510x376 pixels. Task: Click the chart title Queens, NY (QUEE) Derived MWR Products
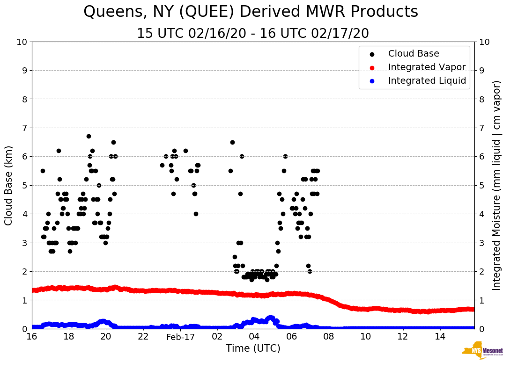[251, 12]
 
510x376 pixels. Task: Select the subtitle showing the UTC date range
[253, 34]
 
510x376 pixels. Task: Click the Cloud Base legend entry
[414, 54]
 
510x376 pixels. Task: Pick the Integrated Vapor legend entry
[427, 67]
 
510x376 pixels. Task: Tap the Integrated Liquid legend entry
[427, 81]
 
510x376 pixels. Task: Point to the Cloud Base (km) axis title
[9, 185]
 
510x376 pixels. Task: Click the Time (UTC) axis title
[253, 348]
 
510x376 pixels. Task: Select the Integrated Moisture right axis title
[497, 185]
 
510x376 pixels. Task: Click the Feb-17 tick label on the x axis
[180, 337]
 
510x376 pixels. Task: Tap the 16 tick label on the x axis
[32, 337]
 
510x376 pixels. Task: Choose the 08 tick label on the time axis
[329, 337]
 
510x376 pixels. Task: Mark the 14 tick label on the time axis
[440, 337]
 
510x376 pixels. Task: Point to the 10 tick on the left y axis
[22, 42]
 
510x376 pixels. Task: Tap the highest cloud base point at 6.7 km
[89, 136]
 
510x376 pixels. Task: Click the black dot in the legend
[372, 54]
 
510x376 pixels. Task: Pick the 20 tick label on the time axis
[106, 337]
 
